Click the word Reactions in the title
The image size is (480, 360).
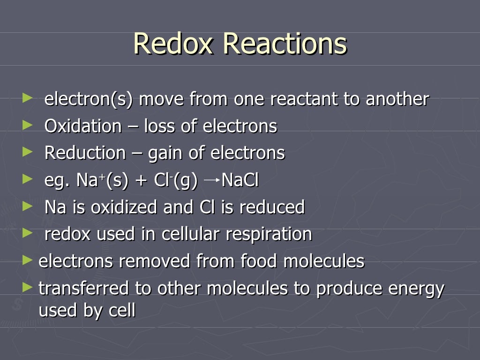point(285,44)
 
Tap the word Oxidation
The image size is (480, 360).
point(83,126)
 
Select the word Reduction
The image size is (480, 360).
point(85,153)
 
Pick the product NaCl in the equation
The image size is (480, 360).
point(240,180)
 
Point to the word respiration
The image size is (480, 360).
point(269,234)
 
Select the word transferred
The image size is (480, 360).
point(83,288)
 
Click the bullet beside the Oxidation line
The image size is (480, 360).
point(28,125)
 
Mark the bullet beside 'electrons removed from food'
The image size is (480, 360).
point(28,260)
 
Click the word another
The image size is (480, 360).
point(397,99)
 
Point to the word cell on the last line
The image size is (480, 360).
point(121,310)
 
